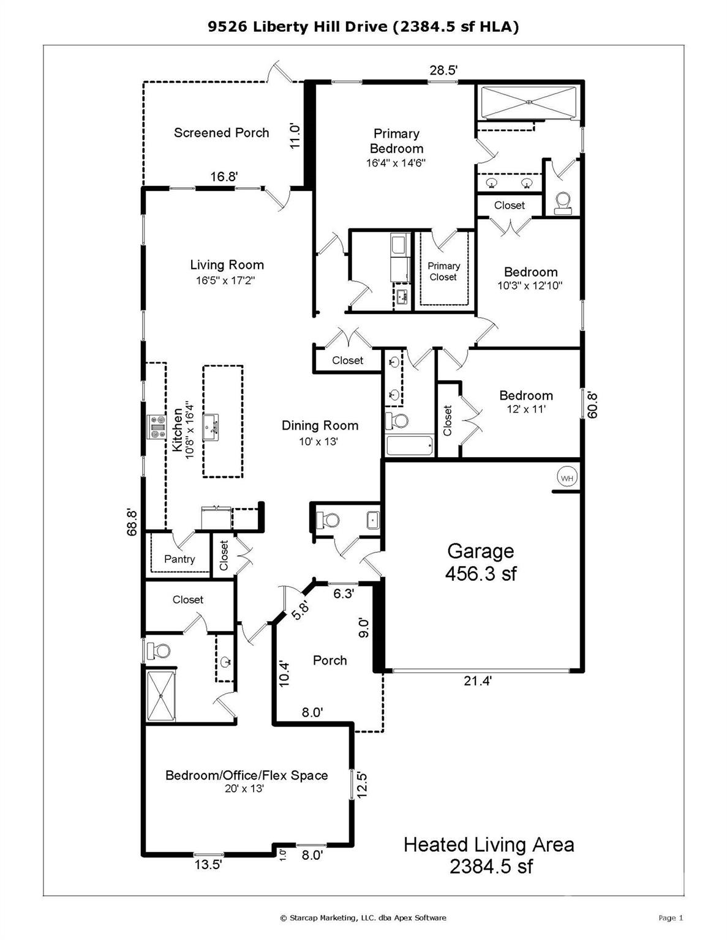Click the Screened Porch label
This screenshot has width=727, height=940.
coord(221,133)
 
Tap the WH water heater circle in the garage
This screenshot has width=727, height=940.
coord(567,477)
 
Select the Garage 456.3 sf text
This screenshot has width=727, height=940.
coord(481,562)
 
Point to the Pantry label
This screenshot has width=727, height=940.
coord(179,559)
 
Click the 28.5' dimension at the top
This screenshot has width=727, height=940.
coord(443,70)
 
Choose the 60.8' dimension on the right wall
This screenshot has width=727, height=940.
coord(592,405)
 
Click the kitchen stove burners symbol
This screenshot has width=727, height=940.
coord(156,427)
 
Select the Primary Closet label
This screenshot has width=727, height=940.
coord(443,271)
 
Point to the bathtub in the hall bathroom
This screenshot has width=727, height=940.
coord(410,445)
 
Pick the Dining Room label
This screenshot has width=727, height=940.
coord(320,425)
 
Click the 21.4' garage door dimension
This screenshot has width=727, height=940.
coord(478,681)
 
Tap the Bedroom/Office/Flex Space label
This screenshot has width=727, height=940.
coord(246,775)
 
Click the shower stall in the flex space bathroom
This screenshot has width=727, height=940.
coord(160,695)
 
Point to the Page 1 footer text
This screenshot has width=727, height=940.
coord(671,917)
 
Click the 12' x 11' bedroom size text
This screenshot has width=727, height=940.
coord(526,409)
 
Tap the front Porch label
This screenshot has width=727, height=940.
coord(330,660)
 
